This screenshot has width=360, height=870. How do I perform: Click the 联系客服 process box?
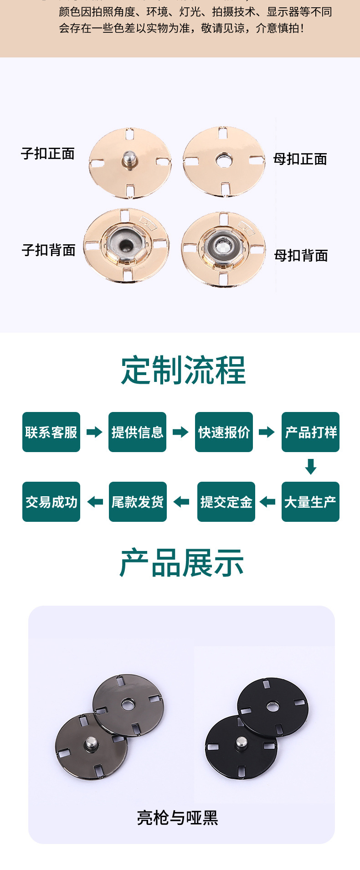coord(51,432)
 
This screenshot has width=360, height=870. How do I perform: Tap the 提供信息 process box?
coord(137,432)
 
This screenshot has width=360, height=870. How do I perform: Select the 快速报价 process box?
coord(224,432)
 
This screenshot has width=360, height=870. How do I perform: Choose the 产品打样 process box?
coord(310,432)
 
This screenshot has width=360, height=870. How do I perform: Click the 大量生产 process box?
coord(310,502)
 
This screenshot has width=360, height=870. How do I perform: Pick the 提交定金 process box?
coord(226,502)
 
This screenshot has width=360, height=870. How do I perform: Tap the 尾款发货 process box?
coord(138,502)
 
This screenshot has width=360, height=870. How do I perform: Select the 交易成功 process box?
coord(51,502)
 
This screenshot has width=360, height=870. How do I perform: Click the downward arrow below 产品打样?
coord(311,467)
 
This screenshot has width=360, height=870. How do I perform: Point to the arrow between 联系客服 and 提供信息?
coord(94,432)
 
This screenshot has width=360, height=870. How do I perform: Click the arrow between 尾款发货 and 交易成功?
coord(95,502)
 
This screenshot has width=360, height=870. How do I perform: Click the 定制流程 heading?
coord(183,370)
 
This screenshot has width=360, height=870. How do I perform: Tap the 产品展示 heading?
coord(182,563)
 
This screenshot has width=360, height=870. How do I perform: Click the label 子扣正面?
coord(48,154)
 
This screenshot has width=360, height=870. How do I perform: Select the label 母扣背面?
coord(301,256)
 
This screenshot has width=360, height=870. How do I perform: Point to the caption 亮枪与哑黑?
coord(178,818)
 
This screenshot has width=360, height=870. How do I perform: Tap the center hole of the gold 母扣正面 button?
coord(223,160)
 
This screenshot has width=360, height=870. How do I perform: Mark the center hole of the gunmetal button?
coord(128,705)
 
